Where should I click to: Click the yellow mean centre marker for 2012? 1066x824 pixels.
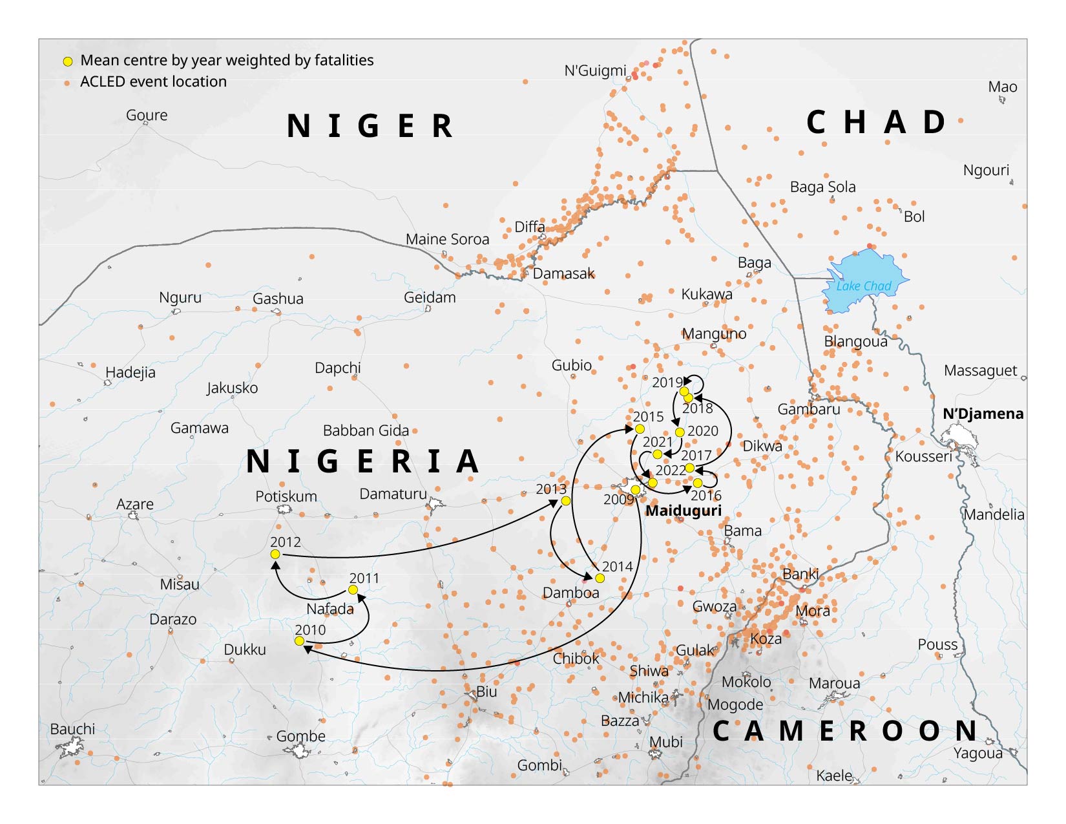[x=275, y=555]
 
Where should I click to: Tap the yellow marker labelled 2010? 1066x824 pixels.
[x=299, y=641]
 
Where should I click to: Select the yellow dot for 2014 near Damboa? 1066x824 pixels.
[x=600, y=578]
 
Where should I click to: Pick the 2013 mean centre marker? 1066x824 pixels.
[x=566, y=501]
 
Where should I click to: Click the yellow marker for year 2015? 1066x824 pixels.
[x=640, y=429]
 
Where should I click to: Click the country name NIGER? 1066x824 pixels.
[x=370, y=126]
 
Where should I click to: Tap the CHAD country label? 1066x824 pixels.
[x=877, y=122]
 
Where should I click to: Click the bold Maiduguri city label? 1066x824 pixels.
[x=684, y=511]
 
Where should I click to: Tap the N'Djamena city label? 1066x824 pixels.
[x=983, y=414]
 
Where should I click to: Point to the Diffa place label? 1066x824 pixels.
[x=530, y=227]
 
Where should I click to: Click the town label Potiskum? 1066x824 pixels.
[x=286, y=496]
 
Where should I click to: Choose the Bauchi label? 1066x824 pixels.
[x=72, y=729]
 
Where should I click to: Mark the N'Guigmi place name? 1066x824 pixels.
[x=595, y=70]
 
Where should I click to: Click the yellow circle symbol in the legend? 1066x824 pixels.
[x=67, y=61]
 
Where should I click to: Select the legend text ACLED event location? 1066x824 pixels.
[x=153, y=81]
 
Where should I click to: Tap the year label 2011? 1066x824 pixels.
[x=364, y=578]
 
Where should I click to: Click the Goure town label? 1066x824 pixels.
[x=147, y=115]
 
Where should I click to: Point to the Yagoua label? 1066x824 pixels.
[x=978, y=753]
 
